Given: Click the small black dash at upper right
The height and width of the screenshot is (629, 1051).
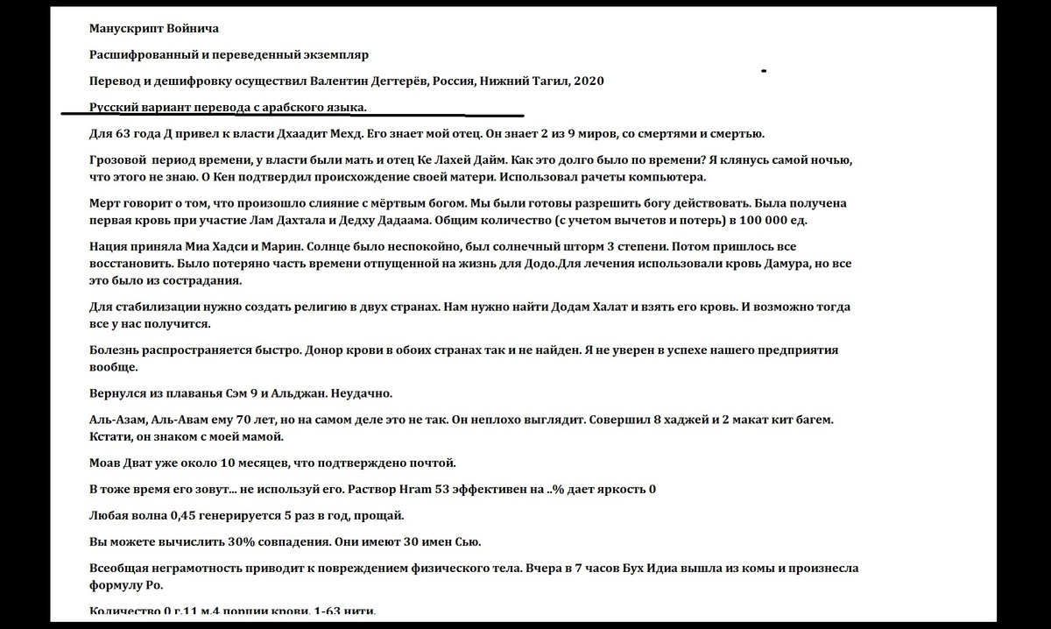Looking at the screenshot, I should pos(765,70).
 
